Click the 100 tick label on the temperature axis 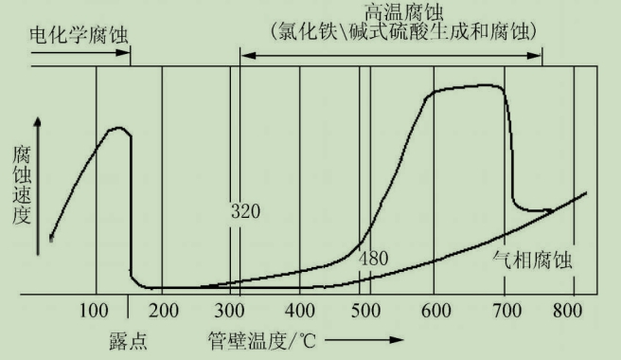pos(95,310)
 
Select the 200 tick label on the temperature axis pos(164,310)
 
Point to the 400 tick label pos(300,310)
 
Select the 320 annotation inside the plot pos(244,210)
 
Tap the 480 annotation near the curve pos(374,257)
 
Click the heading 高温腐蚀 pos(392,12)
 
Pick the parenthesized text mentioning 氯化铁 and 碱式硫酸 pos(391,31)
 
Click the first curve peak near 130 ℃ pos(118,128)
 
